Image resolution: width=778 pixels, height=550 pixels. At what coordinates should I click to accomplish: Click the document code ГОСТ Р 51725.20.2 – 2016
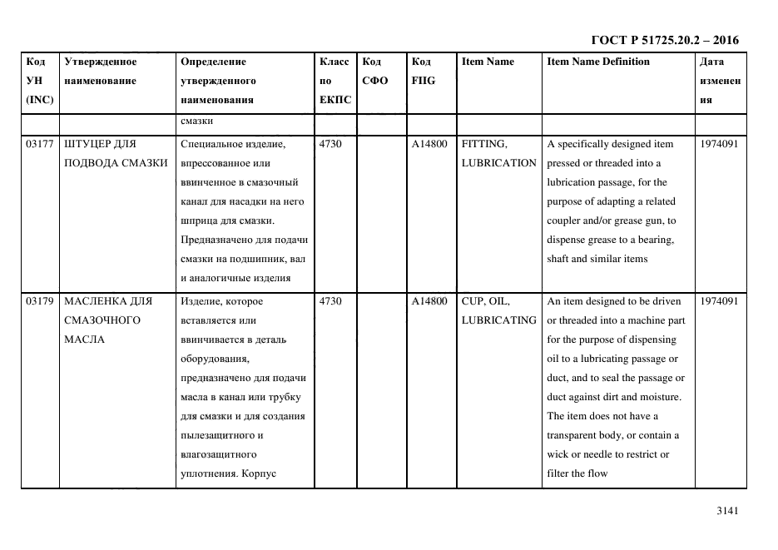point(664,40)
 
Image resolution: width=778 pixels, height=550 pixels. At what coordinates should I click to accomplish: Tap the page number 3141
point(727,512)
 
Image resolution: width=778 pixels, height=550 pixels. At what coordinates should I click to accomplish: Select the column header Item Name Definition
point(597,62)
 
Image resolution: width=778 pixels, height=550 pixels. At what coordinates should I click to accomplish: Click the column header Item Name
point(488,62)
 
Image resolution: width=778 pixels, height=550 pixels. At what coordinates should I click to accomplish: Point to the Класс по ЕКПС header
point(335,81)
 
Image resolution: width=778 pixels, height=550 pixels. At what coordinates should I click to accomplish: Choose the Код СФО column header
point(374,72)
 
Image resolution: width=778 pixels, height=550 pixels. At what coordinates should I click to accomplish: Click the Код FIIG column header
point(423,72)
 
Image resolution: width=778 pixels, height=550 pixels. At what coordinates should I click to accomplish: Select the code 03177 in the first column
point(39,144)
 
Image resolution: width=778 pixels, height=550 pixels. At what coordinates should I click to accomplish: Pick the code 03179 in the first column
point(39,301)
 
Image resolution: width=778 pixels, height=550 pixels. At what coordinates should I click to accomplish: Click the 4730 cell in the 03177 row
point(330,144)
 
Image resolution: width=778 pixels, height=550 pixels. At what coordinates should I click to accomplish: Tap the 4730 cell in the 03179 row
point(330,301)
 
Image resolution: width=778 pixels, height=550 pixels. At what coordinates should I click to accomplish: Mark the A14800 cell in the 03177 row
point(429,144)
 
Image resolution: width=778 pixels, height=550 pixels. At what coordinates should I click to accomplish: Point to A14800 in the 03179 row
point(429,301)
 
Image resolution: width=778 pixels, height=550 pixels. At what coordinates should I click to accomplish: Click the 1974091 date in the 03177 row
point(720,144)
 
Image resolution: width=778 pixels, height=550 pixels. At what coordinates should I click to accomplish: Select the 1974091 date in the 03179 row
point(720,301)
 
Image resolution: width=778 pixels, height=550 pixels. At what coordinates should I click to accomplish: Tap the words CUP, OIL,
point(486,301)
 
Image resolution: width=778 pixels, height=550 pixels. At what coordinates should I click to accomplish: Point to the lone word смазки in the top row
point(196,121)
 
